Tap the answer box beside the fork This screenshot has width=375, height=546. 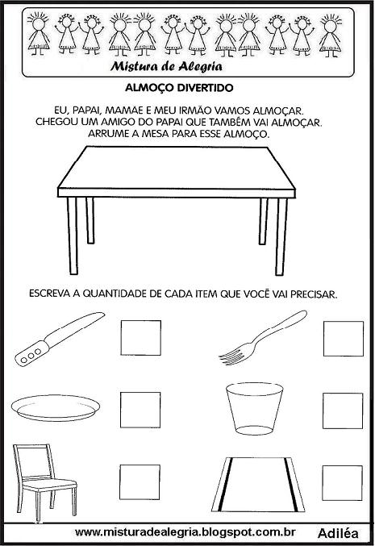[x=343, y=339]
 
